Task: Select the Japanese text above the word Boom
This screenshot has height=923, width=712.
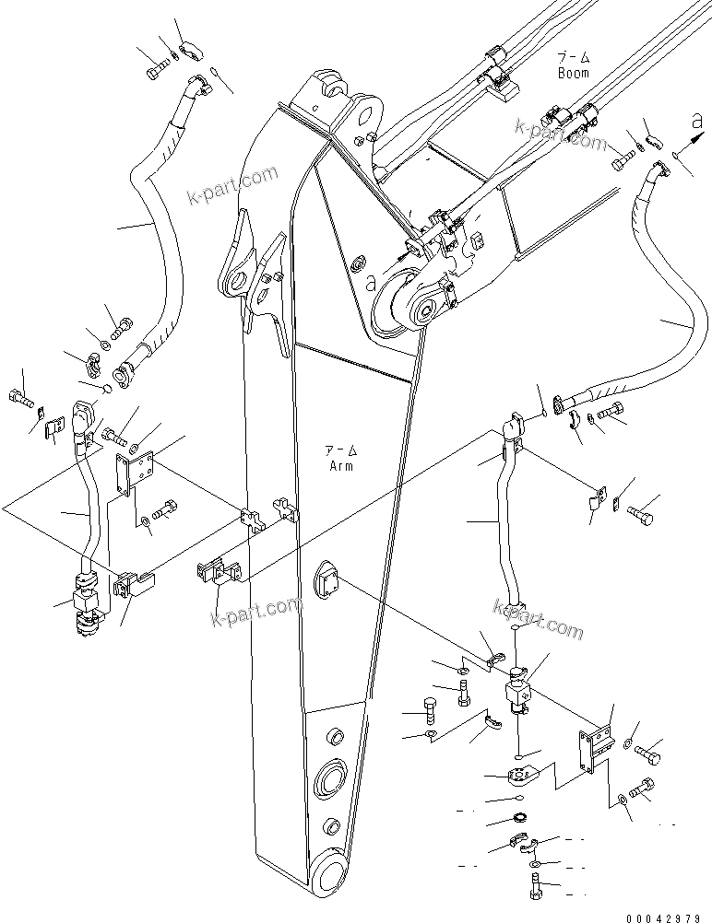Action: (x=573, y=57)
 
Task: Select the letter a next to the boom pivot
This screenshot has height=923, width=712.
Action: (x=371, y=285)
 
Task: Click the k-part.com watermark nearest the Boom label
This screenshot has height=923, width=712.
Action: (x=562, y=134)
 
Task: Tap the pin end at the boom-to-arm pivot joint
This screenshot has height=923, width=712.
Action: (x=426, y=310)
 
